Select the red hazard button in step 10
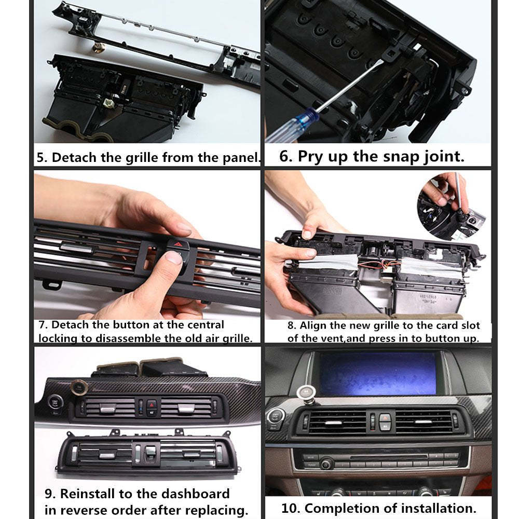coord(385,417)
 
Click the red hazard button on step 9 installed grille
coord(152,403)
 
